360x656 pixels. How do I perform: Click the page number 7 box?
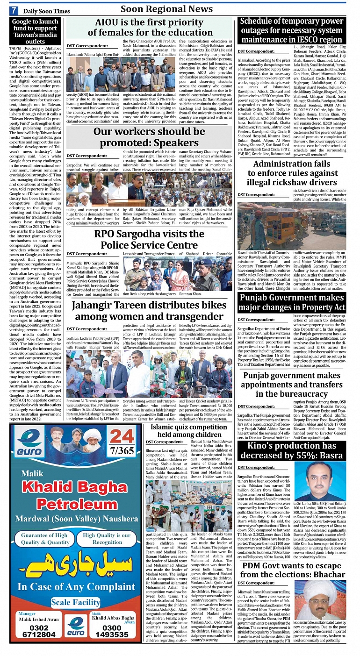(x=14, y=10)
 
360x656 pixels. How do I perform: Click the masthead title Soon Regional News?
(x=166, y=9)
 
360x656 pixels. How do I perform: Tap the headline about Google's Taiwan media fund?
(x=35, y=31)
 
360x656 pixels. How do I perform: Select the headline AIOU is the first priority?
(x=150, y=27)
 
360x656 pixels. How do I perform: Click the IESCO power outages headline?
(x=291, y=30)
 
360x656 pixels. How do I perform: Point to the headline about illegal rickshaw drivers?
(x=292, y=173)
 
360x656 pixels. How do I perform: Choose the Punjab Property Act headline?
(x=292, y=302)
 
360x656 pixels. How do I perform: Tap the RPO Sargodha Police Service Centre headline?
(x=149, y=239)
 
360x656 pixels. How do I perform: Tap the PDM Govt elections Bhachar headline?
(x=292, y=570)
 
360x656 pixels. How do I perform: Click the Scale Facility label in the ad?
(x=75, y=602)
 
